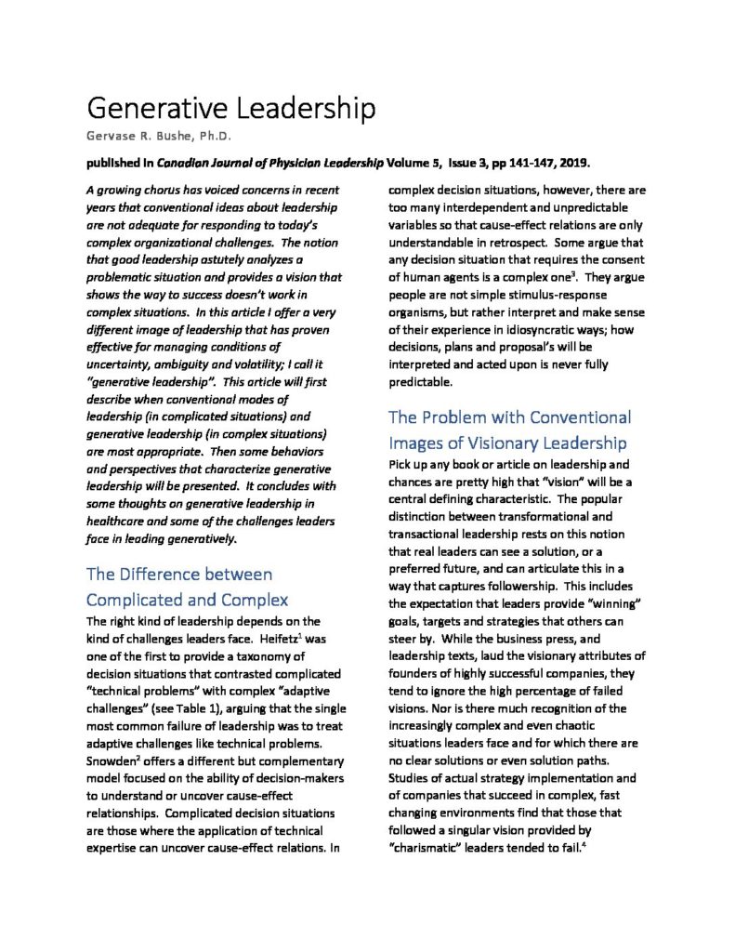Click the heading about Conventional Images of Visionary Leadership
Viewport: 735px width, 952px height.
pos(508,430)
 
